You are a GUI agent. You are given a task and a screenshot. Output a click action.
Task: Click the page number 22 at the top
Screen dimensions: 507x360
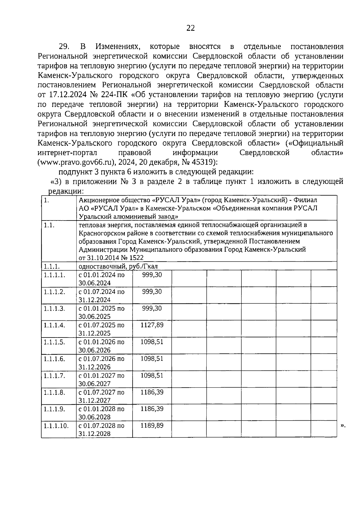coord(190,28)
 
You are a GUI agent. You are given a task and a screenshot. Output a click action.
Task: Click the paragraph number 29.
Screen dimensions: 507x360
coord(64,46)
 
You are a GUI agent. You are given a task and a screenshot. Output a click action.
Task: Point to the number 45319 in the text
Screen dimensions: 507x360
coord(203,162)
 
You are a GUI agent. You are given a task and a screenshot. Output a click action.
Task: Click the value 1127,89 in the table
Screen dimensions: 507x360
coord(152,325)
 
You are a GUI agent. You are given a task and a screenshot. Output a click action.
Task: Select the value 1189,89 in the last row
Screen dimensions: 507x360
coord(152,425)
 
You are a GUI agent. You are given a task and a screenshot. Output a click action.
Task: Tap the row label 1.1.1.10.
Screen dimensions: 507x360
coord(56,425)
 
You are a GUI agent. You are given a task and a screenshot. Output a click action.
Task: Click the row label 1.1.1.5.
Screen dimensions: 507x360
coord(54,342)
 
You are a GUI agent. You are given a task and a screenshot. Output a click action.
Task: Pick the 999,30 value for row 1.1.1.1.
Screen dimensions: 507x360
coord(152,274)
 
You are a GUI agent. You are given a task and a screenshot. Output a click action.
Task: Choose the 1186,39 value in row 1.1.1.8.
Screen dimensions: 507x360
coord(152,392)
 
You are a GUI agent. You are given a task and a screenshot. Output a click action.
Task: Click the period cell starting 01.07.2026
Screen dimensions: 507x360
coord(101,362)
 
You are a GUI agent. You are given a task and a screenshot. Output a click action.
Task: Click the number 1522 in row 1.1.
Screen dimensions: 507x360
coord(136,258)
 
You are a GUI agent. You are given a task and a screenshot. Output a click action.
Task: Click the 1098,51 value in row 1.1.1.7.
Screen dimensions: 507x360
coord(152,375)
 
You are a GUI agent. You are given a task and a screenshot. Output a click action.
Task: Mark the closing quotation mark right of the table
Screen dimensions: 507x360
coord(343,425)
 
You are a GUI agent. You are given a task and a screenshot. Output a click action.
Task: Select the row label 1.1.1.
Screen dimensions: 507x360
coord(52,266)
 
